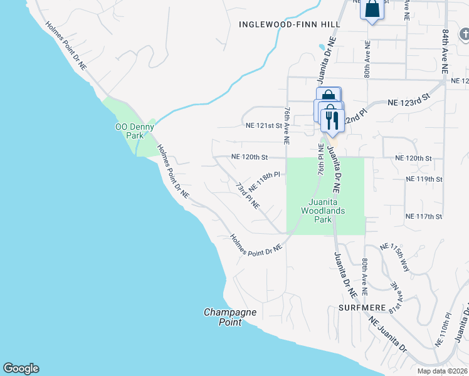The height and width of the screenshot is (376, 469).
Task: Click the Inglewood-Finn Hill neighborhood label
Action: coord(290,24)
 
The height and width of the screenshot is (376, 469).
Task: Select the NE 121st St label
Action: coord(266,125)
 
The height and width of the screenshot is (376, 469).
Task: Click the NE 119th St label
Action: coord(424,179)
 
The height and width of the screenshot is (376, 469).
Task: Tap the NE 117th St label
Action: coord(424,216)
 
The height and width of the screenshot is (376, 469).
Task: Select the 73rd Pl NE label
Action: coord(248,196)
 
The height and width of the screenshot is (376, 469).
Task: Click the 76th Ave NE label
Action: coord(287,125)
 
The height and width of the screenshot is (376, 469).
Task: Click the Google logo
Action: coord(21,368)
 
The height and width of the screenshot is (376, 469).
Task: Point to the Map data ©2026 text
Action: coord(442,371)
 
